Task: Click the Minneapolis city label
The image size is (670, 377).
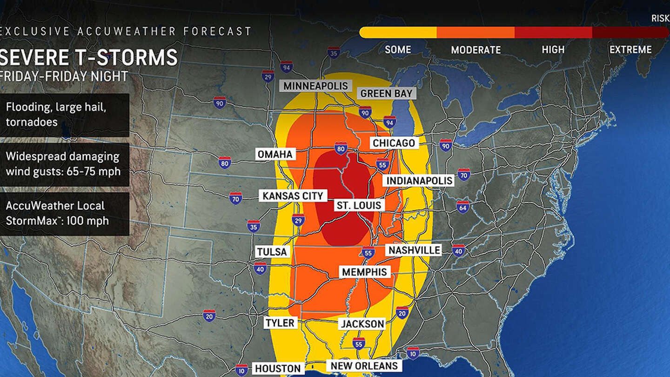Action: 316,86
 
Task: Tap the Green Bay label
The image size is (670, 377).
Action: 386,93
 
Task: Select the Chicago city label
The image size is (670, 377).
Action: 393,143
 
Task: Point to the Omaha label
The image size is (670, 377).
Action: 275,154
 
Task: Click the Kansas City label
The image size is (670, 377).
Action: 293,195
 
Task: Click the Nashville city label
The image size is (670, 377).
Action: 414,250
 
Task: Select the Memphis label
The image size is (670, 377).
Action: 364,272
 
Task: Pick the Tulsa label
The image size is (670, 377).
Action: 272,252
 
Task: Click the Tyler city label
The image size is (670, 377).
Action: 280,323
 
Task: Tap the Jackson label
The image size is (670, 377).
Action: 362,324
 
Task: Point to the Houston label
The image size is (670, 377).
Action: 278,369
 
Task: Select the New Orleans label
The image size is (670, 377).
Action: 364,366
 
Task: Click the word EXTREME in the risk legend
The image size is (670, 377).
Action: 630,50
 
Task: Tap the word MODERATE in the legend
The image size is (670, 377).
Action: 476,50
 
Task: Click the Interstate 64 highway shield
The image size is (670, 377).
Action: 462,207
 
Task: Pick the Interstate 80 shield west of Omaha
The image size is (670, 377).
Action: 225,162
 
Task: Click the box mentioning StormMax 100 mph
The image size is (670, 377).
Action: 64,214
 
